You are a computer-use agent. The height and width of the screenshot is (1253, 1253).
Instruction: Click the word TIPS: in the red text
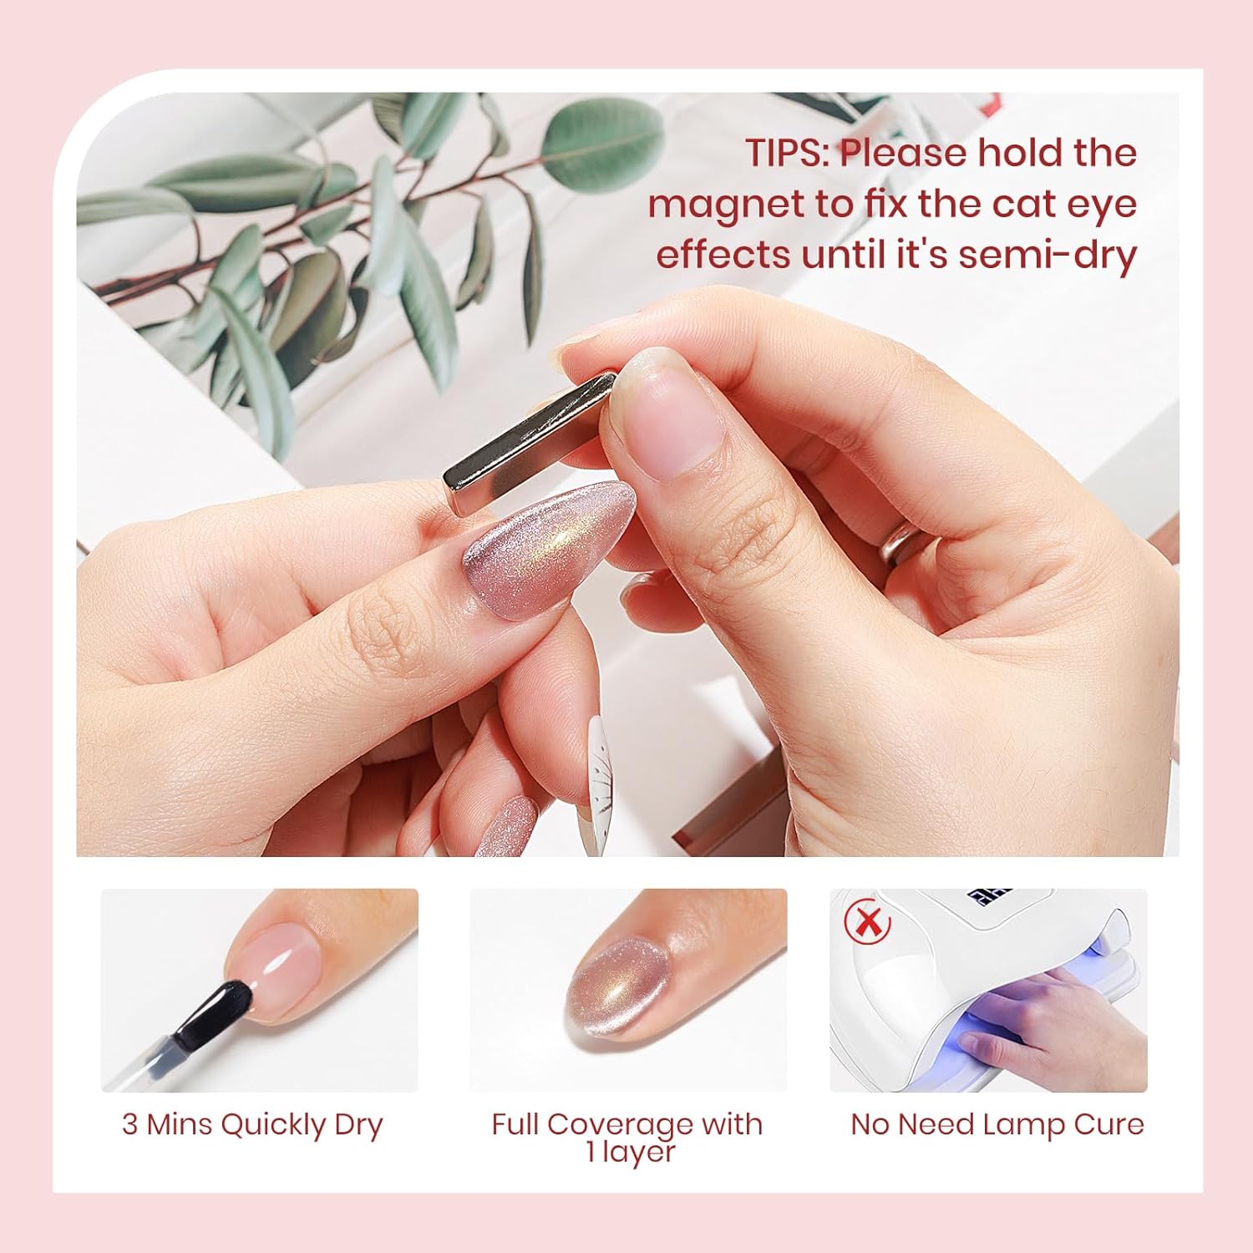786,154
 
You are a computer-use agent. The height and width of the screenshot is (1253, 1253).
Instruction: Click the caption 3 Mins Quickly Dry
252,1124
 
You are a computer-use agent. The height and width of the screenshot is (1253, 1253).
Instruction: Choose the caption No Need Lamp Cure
997,1124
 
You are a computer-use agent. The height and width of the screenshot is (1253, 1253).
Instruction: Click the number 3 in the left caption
129,1124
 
